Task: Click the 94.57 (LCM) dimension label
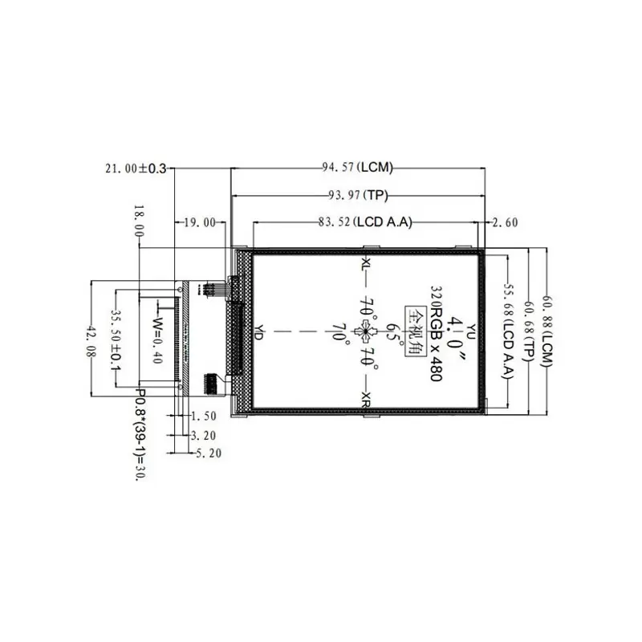point(357,168)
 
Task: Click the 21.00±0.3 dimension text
point(136,168)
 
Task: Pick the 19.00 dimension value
point(200,223)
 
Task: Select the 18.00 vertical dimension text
point(140,219)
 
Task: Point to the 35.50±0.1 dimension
point(116,340)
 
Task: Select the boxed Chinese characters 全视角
point(416,329)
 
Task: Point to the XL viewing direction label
point(366,264)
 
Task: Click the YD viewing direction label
point(258,332)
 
